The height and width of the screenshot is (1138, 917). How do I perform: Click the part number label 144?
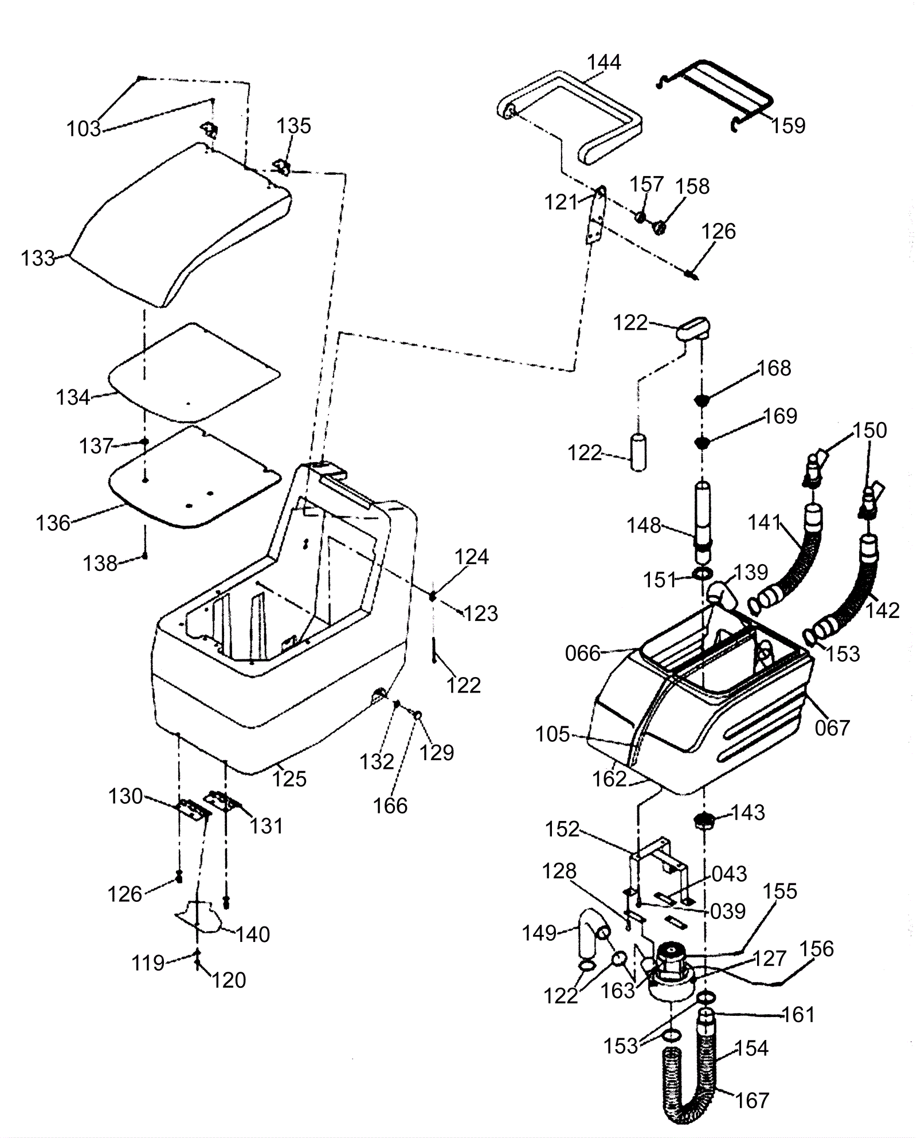pyautogui.click(x=604, y=62)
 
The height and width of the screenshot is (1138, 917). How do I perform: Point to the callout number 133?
pyautogui.click(x=38, y=258)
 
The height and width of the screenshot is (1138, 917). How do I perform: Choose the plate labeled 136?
pyautogui.click(x=195, y=477)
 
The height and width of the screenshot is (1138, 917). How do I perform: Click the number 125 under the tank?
pyautogui.click(x=289, y=779)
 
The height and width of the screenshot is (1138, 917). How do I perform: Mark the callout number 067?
pyautogui.click(x=832, y=728)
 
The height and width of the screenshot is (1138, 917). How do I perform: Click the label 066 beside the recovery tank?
pyautogui.click(x=582, y=653)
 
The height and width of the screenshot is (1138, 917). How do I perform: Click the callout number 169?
pyautogui.click(x=780, y=416)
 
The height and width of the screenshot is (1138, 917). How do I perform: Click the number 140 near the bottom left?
pyautogui.click(x=253, y=934)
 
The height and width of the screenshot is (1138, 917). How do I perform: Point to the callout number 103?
pyautogui.click(x=84, y=129)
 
